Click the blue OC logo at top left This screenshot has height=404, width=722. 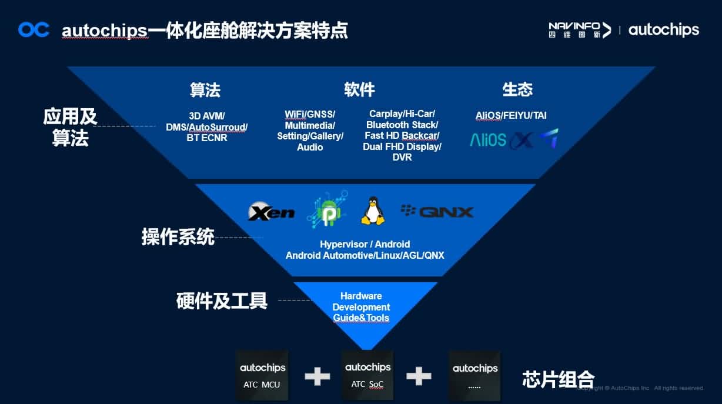(x=34, y=29)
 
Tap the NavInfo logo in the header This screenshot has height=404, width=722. (x=579, y=29)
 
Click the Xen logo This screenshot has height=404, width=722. (x=272, y=212)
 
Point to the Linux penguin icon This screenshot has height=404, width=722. (x=373, y=211)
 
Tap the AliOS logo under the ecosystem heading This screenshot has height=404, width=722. (x=488, y=140)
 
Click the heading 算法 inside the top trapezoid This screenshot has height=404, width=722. (x=205, y=90)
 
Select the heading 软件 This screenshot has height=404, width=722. (x=359, y=89)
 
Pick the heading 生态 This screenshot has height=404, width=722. (x=517, y=89)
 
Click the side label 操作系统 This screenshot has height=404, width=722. (x=178, y=237)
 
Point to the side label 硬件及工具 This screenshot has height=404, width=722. (x=222, y=301)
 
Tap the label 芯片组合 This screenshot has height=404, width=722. (x=558, y=379)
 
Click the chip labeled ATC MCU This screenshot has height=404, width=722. (x=262, y=375)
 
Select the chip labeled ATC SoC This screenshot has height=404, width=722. (x=367, y=375)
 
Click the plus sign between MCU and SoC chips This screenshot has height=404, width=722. (x=317, y=376)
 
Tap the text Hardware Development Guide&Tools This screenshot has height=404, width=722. (x=361, y=307)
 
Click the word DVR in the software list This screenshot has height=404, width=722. (x=402, y=158)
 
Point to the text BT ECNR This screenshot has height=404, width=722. (x=207, y=138)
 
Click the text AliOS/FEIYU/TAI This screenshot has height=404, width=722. (x=511, y=115)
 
